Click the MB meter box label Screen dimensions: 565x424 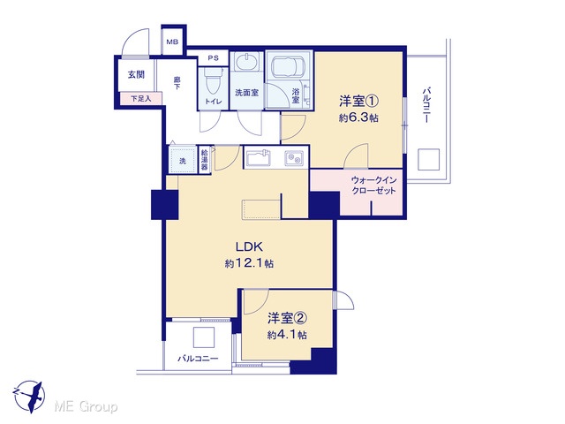[172, 42]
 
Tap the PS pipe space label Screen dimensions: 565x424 [214, 57]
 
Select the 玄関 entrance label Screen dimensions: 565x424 [136, 74]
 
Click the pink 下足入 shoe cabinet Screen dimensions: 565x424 [141, 98]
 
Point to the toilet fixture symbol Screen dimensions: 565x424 [214, 81]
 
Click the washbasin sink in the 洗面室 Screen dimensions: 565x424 [247, 61]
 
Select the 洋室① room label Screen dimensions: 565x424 [358, 102]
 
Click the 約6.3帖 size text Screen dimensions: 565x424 [358, 117]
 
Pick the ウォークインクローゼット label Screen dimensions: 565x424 [373, 185]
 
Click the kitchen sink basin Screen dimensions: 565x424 [258, 157]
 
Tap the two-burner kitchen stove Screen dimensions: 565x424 [294, 157]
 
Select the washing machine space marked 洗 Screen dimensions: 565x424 [183, 160]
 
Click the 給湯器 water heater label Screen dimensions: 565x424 [204, 160]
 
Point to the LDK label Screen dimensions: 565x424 [249, 247]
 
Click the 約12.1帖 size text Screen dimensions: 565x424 [249, 263]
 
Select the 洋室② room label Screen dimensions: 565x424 [287, 318]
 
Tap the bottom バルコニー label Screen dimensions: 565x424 [198, 359]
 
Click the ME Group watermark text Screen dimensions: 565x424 [86, 406]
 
